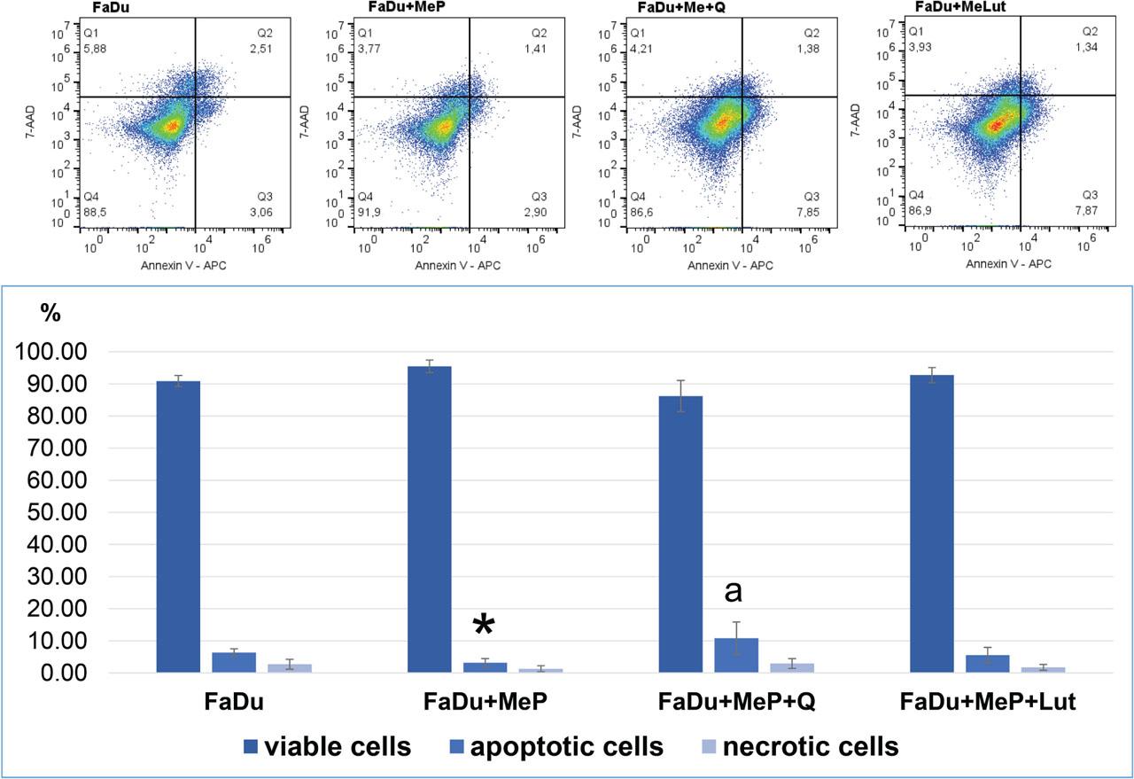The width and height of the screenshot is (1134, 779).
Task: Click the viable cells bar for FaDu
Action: [178, 527]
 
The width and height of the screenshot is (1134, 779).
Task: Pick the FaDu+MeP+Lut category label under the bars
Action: [988, 703]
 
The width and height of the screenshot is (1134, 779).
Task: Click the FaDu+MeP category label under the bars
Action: [485, 703]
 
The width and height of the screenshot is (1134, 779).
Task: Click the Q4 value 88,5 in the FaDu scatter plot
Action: [96, 213]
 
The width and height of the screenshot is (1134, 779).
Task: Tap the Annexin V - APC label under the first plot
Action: [183, 265]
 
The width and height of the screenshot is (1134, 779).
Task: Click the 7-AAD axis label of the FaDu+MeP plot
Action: [306, 122]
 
